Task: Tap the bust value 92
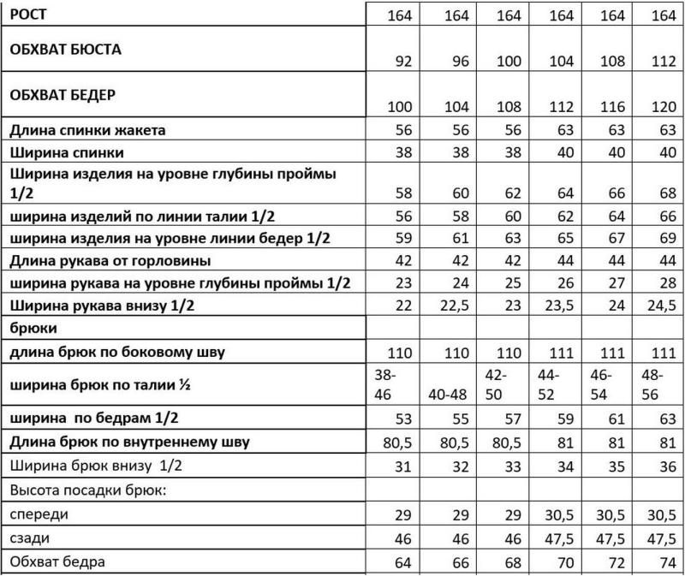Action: tap(402, 62)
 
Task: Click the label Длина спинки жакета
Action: tap(87, 130)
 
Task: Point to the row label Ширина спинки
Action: tap(68, 151)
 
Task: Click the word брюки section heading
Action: tap(33, 327)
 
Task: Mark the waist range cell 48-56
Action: tap(654, 384)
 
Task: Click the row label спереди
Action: tap(39, 515)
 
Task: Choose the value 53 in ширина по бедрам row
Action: tap(402, 419)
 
